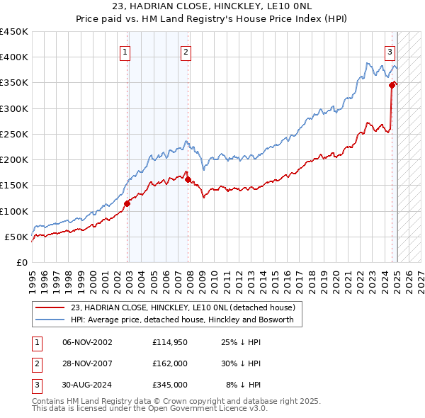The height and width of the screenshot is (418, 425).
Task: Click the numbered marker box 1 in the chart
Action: click(125, 51)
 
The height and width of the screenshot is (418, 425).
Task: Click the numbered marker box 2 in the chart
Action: click(186, 51)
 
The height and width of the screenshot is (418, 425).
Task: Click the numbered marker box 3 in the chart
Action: click(390, 51)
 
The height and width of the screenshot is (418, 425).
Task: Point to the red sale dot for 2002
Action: click(127, 203)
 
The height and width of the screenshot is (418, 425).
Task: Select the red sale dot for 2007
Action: click(188, 179)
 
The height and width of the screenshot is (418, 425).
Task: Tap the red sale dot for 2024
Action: click(392, 85)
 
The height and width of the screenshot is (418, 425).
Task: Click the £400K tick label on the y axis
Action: click(14, 57)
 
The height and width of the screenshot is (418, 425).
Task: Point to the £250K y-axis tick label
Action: click(14, 134)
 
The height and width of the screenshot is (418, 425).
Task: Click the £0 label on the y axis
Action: click(21, 262)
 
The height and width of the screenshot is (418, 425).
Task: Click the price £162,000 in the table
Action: click(170, 363)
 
